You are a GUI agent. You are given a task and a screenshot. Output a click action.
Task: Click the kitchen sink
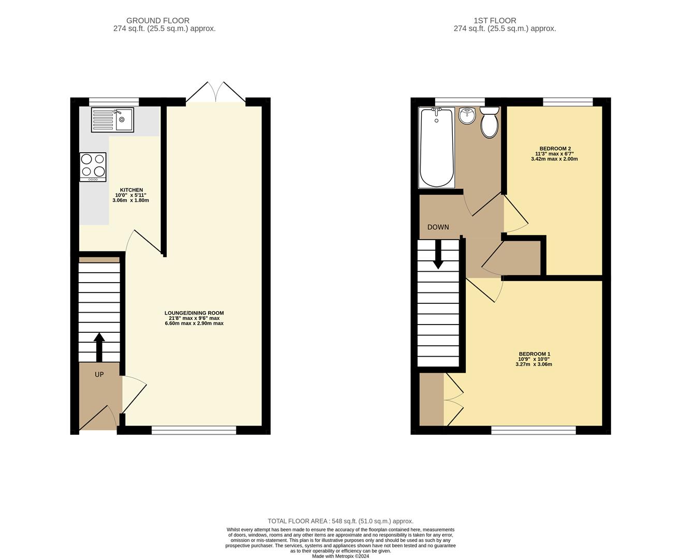point(112,120)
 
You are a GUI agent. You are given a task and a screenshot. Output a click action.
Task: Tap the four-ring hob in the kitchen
point(93,167)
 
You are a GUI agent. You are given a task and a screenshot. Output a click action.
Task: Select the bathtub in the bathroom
point(437,148)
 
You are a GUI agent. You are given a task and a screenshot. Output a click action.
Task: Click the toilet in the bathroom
point(490,122)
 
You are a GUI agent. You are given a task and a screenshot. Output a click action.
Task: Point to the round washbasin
point(467,116)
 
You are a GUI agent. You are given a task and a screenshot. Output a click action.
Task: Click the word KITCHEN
point(131,190)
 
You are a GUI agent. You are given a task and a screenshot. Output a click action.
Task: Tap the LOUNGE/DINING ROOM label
point(194,313)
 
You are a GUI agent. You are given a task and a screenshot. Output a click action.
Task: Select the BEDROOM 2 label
point(554,149)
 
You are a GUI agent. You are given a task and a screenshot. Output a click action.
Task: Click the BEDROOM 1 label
point(534,354)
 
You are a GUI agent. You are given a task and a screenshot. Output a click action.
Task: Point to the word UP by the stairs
point(99,374)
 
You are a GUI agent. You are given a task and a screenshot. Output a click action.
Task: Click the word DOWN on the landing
point(438,227)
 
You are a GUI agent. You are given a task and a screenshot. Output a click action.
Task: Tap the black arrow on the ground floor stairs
point(99,347)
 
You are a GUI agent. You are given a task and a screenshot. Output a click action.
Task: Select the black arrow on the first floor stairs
point(438,254)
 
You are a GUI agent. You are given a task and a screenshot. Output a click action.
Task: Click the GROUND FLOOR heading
point(158,20)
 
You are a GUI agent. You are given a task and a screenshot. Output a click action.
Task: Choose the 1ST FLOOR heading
point(495,20)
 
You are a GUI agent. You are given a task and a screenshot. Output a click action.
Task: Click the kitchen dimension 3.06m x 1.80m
point(131,200)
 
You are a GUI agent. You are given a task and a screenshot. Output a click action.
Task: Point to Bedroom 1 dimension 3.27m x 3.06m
point(534,364)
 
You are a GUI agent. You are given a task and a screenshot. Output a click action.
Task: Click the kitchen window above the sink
point(114,101)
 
